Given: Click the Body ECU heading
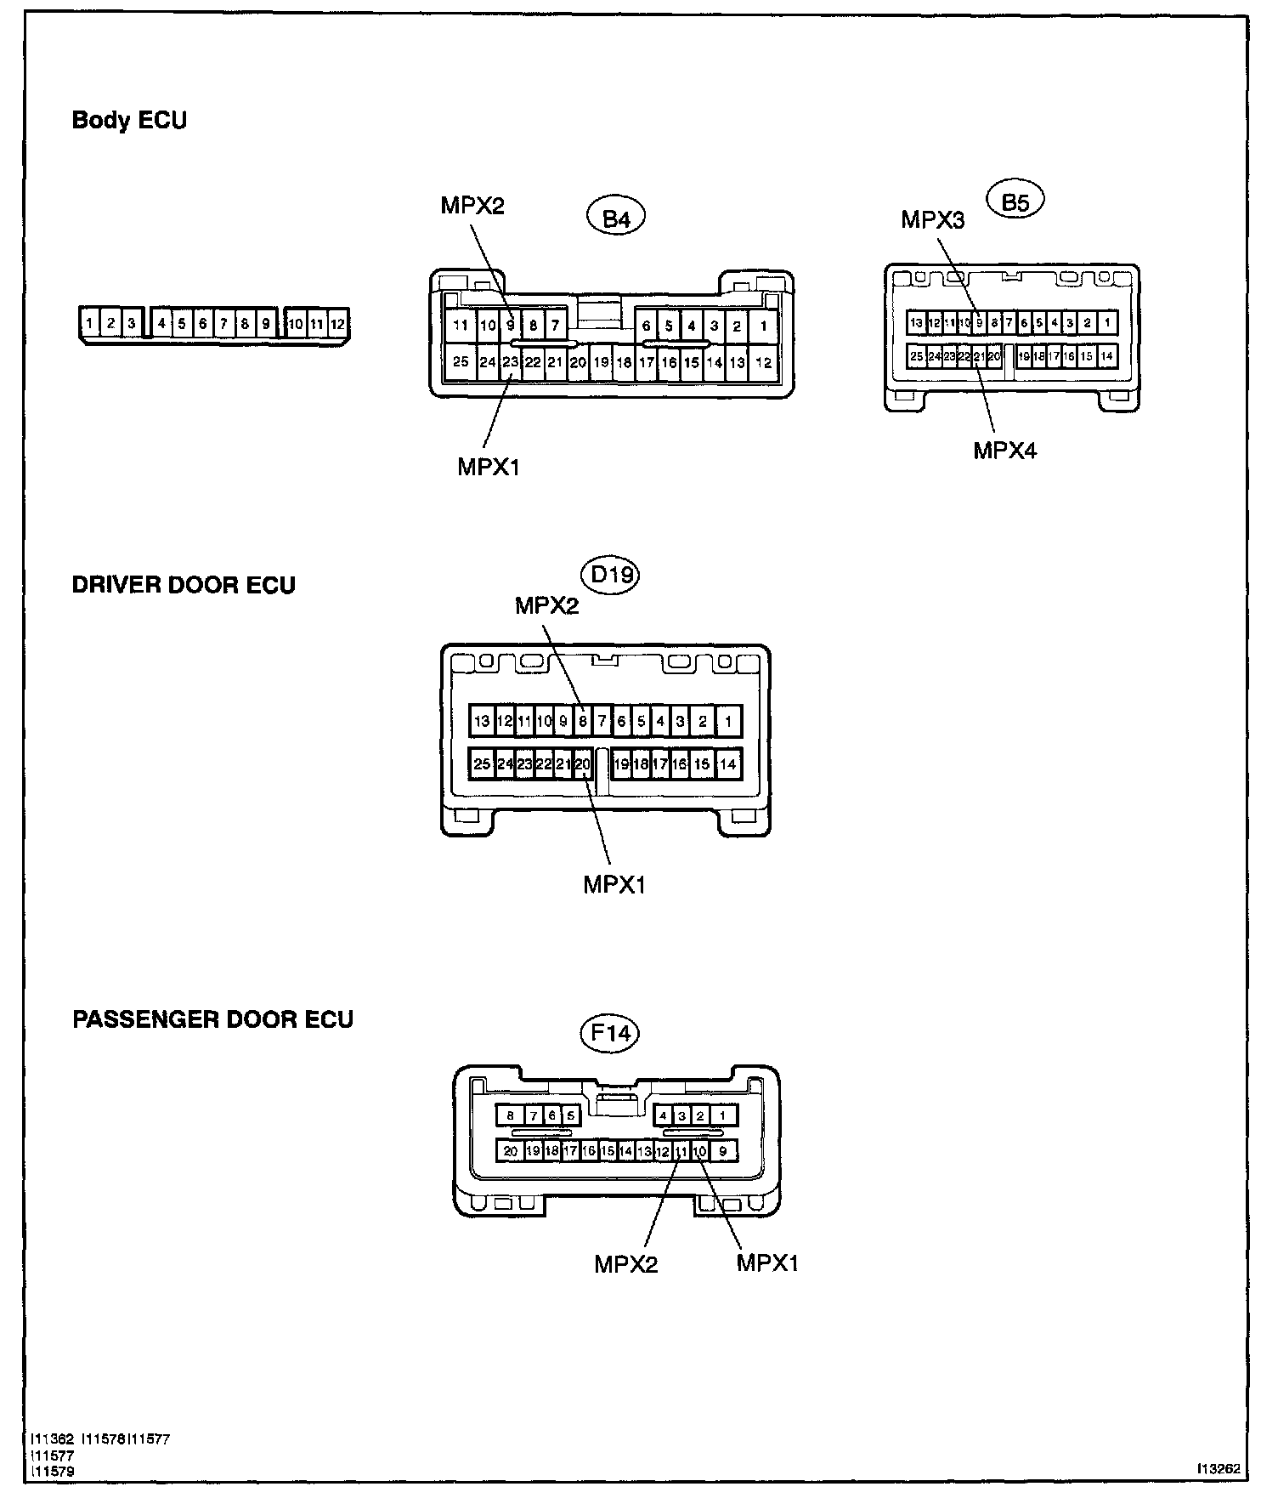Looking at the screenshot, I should click(129, 120).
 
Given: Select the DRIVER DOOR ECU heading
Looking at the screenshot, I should click(184, 586).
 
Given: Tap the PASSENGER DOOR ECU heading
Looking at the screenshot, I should click(212, 1019).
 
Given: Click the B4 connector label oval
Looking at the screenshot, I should click(616, 218).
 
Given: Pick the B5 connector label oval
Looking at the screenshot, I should click(1015, 202).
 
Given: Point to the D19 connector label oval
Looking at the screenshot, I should click(613, 576).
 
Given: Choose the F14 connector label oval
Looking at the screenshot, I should click(609, 1033).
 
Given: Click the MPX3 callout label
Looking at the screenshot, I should click(933, 220).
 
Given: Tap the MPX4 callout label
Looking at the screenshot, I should click(1005, 450).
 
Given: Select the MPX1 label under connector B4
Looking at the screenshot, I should click(489, 467).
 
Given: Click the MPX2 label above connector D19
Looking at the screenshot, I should click(547, 605).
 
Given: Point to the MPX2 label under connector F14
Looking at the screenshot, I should click(626, 1264).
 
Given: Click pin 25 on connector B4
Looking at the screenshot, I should click(461, 362).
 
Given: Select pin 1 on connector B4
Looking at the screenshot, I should click(764, 325).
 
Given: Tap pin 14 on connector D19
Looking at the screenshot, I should click(728, 764).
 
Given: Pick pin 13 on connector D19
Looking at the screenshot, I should click(482, 722).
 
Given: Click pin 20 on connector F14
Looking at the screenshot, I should click(510, 1152).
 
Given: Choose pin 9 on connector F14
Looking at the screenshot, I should click(724, 1152).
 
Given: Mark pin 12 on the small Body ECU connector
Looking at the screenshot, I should click(337, 324).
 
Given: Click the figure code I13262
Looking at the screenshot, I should click(1219, 1468).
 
